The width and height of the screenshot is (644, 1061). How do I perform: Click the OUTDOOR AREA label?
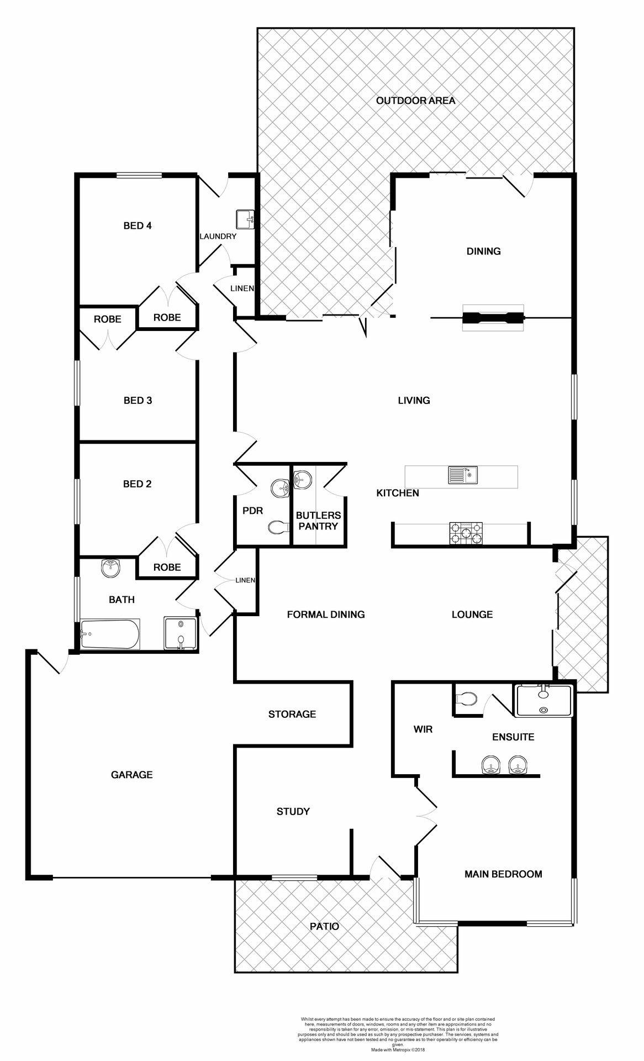(415, 101)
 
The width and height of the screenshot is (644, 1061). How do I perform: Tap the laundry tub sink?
(245, 219)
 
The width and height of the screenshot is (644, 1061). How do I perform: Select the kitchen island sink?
(463, 476)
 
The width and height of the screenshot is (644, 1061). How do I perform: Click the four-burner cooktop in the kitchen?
(466, 534)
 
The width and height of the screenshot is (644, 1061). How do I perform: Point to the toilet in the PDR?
(279, 527)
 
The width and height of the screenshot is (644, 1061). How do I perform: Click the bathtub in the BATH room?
(110, 634)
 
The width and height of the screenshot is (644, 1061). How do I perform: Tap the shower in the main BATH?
(180, 633)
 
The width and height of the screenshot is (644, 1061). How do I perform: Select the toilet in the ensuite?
(467, 699)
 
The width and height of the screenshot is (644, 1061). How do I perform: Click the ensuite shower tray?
(543, 701)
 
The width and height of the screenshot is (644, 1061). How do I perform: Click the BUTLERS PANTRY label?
(318, 521)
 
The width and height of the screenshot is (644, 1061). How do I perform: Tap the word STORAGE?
(292, 714)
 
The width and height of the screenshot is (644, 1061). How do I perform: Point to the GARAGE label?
(131, 775)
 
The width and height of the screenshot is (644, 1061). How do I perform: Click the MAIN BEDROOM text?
(503, 874)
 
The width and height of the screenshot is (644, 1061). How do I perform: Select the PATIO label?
(324, 926)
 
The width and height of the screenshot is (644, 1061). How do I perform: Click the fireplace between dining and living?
(493, 318)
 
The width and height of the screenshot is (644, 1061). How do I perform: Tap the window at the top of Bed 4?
(139, 176)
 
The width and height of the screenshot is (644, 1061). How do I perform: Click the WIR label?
(423, 729)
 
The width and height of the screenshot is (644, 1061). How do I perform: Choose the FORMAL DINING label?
(326, 614)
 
